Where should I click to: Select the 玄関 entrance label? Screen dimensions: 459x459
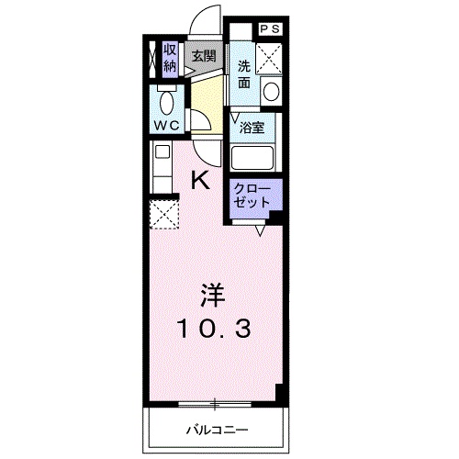(203, 56)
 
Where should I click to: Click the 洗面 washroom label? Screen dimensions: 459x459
(244, 73)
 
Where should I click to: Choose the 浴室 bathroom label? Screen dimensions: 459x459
(252, 129)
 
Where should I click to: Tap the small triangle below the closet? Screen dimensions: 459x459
(260, 230)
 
